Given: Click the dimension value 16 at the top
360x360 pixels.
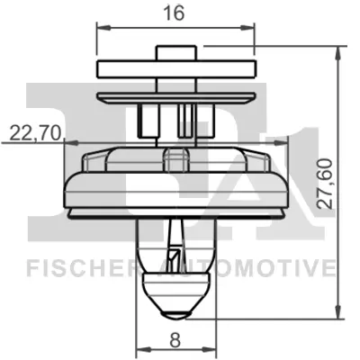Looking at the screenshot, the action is (x=174, y=13).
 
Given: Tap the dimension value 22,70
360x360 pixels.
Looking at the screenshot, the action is (x=35, y=133).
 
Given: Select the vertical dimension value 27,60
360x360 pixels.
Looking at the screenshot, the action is (x=325, y=184).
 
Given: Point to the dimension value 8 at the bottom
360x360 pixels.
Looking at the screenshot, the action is (x=175, y=340).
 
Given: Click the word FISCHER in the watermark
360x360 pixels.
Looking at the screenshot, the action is (x=81, y=268).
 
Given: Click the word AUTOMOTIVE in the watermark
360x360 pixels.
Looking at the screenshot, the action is (x=246, y=268).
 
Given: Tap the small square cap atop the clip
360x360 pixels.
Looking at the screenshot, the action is (x=176, y=53).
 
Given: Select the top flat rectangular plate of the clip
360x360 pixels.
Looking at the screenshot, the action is (x=176, y=69).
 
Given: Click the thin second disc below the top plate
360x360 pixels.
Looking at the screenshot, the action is (x=176, y=98).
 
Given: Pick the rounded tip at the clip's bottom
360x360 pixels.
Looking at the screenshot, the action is (x=175, y=313).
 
